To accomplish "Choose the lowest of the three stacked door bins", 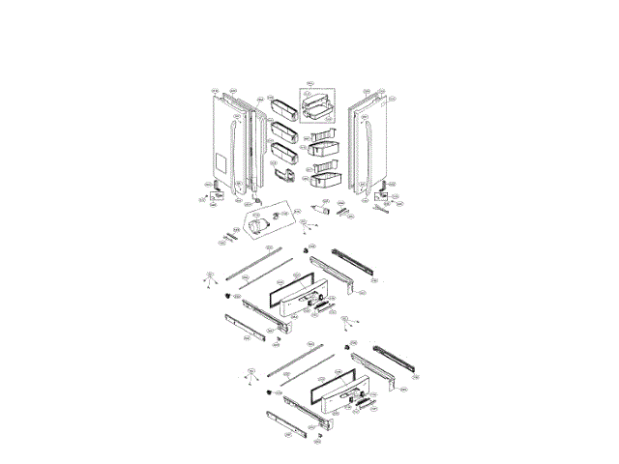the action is click(284, 153).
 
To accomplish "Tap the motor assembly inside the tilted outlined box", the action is click(259, 225).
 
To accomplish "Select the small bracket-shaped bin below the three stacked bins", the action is click(287, 175).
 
